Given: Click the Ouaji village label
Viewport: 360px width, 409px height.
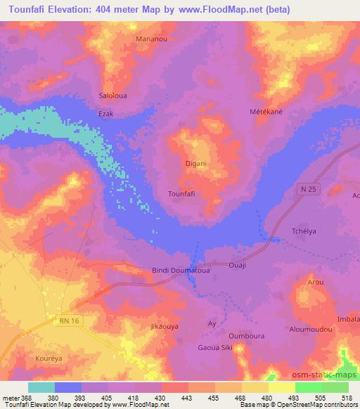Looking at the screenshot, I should pos(238,266).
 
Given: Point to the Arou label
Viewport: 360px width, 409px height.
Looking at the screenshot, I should pos(316,282).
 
